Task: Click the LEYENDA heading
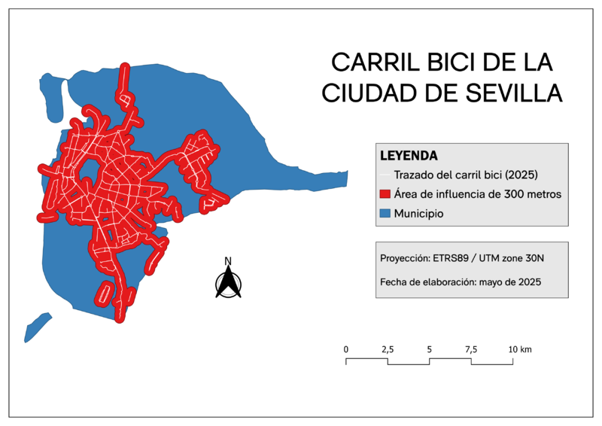pos(409,156)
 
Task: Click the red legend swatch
pos(386,194)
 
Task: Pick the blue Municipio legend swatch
pos(386,214)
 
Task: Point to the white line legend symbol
pos(386,175)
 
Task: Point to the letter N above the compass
pos(228,262)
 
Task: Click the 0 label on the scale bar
pos(346,349)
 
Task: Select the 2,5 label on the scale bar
pos(388,349)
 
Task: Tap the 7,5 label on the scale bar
pos(471,349)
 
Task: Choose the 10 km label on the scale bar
pos(520,349)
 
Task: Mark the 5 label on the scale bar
pos(429,349)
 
